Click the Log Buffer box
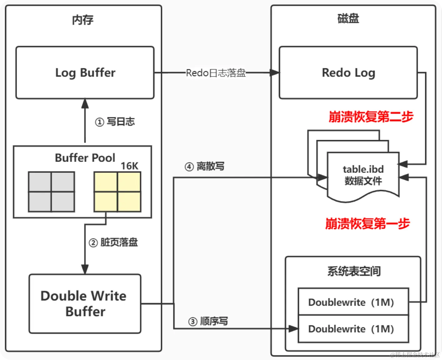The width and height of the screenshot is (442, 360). pyautogui.click(x=85, y=73)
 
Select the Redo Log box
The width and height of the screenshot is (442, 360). pyautogui.click(x=348, y=73)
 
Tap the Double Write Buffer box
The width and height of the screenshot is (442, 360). pyautogui.click(x=85, y=304)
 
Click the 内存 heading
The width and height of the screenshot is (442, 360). pyautogui.click(x=83, y=20)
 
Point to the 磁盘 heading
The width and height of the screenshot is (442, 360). pyautogui.click(x=348, y=19)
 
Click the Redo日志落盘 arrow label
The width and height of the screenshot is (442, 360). pyautogui.click(x=216, y=73)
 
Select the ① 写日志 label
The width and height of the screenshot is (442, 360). pyautogui.click(x=115, y=122)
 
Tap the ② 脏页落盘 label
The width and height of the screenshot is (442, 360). pyautogui.click(x=113, y=242)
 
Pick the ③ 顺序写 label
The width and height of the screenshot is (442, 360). pyautogui.click(x=208, y=321)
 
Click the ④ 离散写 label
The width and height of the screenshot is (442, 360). pyautogui.click(x=204, y=167)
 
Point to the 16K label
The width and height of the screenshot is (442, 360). pyautogui.click(x=129, y=166)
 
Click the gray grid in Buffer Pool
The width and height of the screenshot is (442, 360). pyautogui.click(x=52, y=192)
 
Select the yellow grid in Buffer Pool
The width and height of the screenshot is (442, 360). pyautogui.click(x=117, y=192)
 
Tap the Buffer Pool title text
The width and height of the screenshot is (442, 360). pyautogui.click(x=85, y=158)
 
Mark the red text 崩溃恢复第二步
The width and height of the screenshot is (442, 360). pyautogui.click(x=371, y=117)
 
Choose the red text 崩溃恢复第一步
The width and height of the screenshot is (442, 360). pyautogui.click(x=367, y=224)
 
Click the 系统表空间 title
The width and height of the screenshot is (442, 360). pyautogui.click(x=354, y=271)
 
